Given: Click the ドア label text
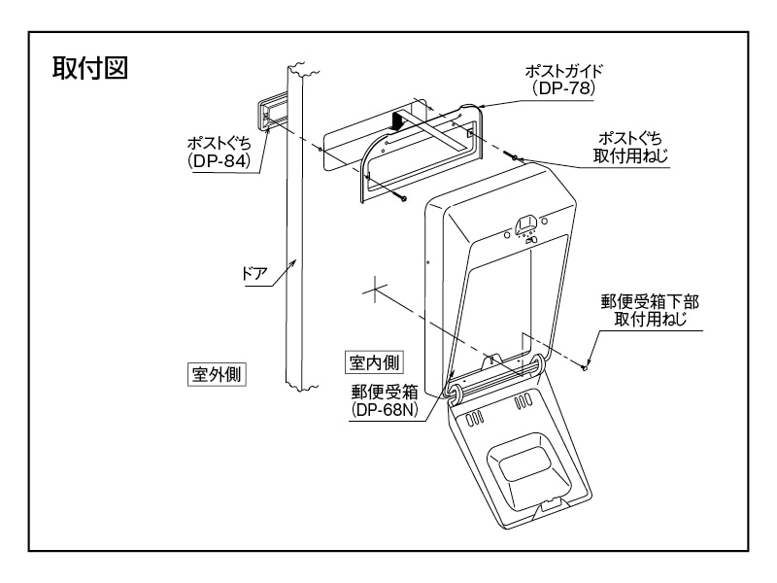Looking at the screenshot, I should pyautogui.click(x=254, y=273).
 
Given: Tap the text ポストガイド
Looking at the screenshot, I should pyautogui.click(x=564, y=70).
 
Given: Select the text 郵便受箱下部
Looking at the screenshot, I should pyautogui.click(x=651, y=302).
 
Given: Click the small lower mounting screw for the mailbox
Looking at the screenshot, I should pyautogui.click(x=586, y=366).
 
